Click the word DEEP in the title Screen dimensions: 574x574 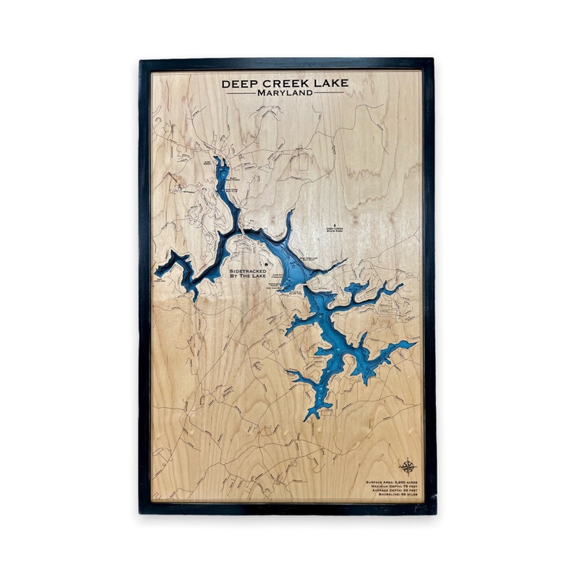(239, 83)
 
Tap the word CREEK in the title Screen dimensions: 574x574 (285, 83)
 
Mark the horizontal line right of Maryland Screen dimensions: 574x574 (330, 93)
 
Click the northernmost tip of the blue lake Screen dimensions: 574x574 (219, 158)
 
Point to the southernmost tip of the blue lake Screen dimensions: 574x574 (309, 419)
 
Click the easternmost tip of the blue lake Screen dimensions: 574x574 (416, 343)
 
